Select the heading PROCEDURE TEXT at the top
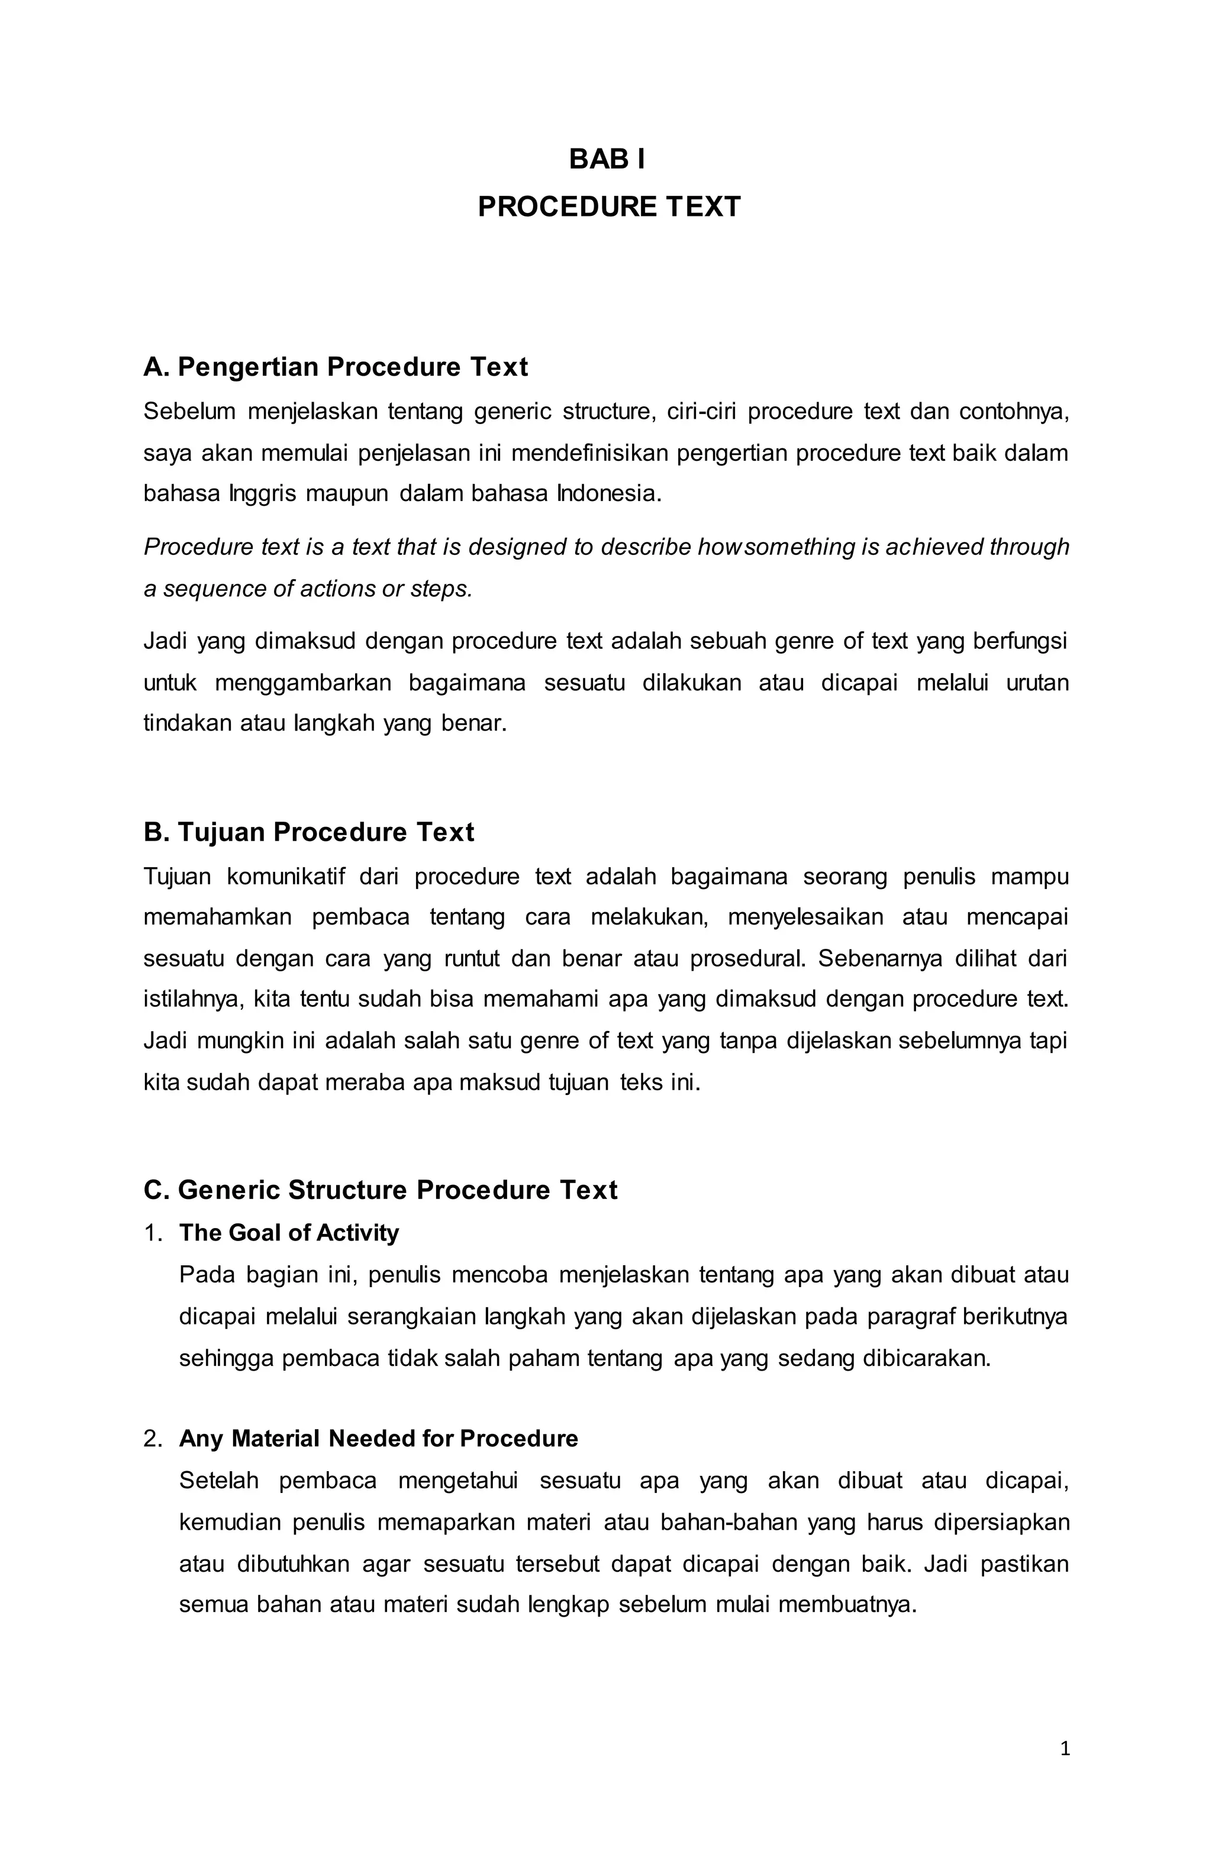click(x=608, y=207)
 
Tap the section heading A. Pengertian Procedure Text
click(x=336, y=367)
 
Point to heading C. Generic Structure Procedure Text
click(x=381, y=1190)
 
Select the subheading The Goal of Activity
click(x=289, y=1233)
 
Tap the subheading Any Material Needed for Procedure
click(x=379, y=1438)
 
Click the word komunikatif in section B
click(x=286, y=877)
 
